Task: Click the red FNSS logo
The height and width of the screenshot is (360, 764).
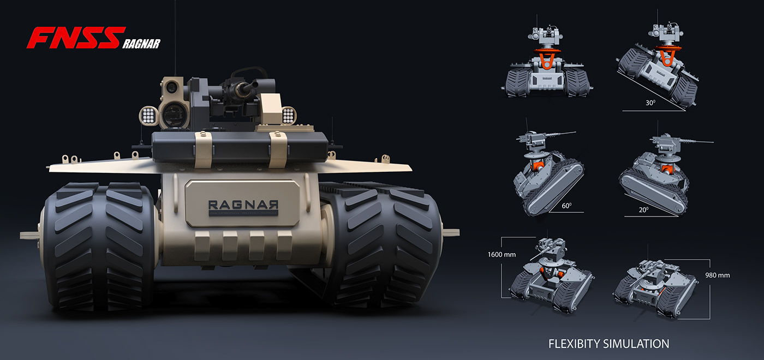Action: [x=73, y=38]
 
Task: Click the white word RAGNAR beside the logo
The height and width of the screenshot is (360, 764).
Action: [x=141, y=44]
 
